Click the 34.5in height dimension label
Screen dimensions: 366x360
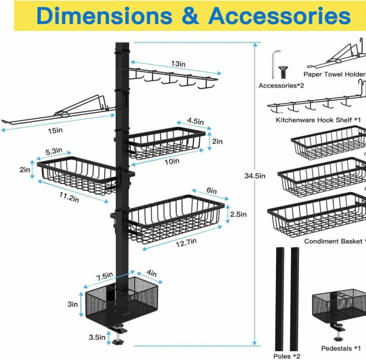click(255, 176)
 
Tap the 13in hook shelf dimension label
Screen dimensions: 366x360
click(178, 64)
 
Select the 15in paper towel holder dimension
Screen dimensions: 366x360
click(55, 131)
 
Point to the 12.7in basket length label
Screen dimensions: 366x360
click(186, 243)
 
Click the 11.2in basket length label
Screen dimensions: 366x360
click(69, 197)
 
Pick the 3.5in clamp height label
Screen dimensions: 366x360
click(97, 337)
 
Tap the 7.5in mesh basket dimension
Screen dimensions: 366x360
click(104, 276)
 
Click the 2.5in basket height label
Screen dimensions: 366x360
click(238, 214)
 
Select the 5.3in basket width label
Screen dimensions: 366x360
click(54, 151)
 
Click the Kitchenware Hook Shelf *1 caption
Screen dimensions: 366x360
click(318, 120)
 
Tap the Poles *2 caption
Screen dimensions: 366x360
click(287, 356)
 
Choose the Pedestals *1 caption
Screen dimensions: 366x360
click(341, 348)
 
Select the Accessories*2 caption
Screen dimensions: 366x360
click(282, 86)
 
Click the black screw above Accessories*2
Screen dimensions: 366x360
click(283, 72)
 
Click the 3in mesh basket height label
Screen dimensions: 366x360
click(73, 304)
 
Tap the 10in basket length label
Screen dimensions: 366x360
click(172, 162)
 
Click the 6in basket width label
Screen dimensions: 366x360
click(212, 190)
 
